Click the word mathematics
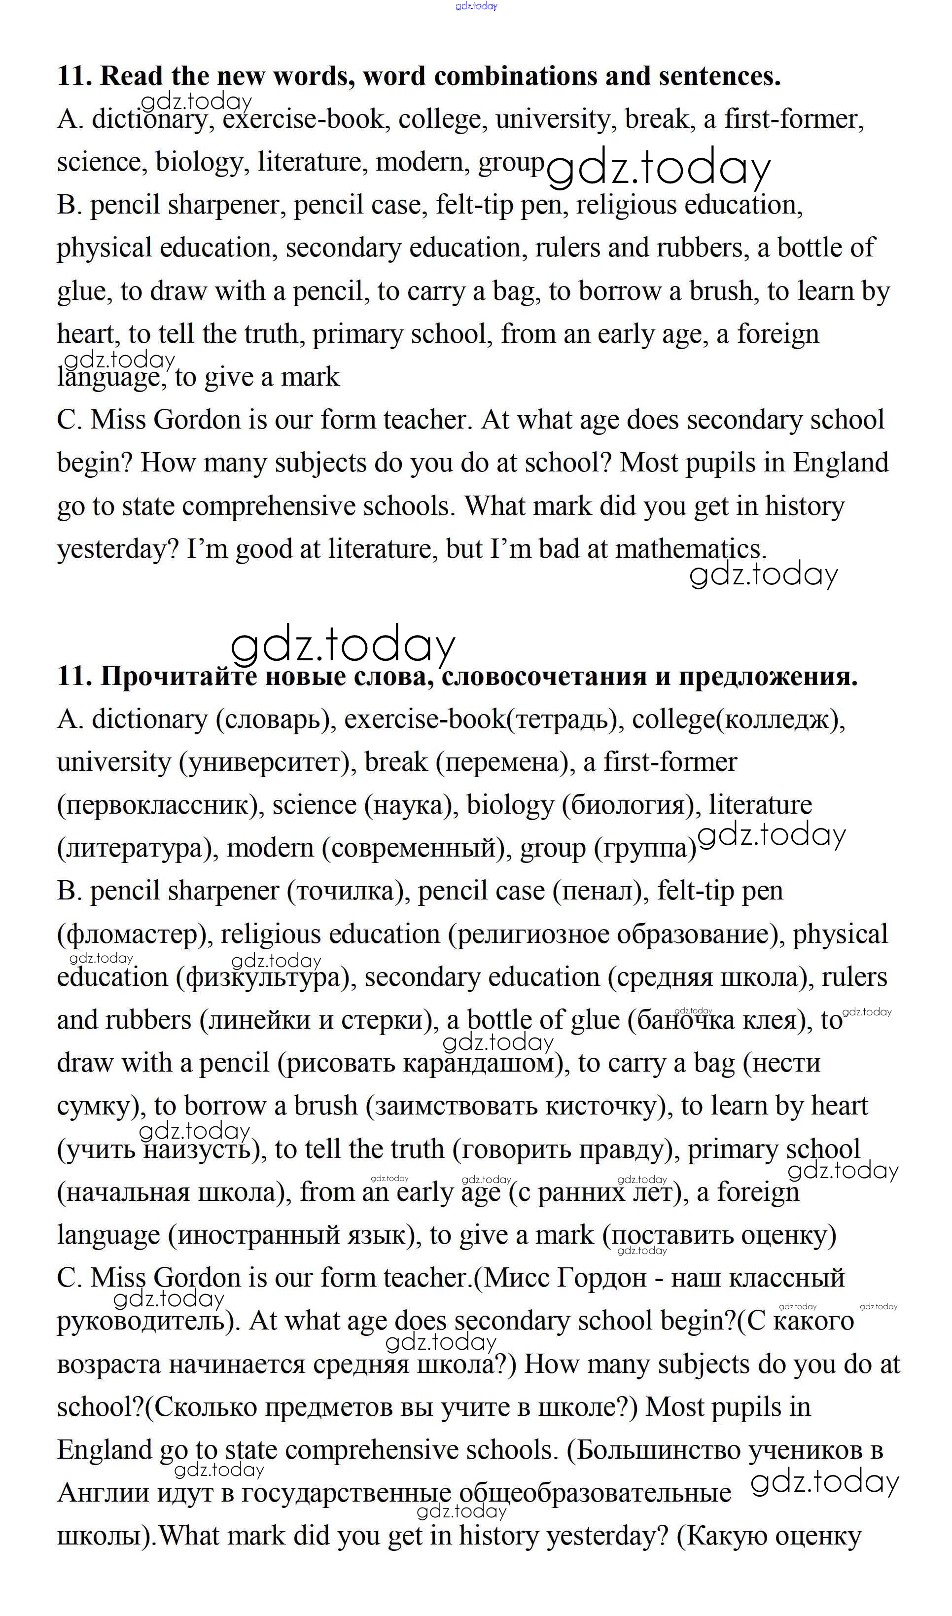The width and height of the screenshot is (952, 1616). coord(690,549)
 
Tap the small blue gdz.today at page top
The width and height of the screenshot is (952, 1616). coord(476,6)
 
